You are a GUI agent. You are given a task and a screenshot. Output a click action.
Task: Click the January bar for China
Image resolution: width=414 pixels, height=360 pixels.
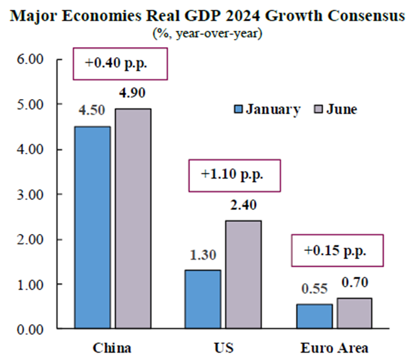(93, 227)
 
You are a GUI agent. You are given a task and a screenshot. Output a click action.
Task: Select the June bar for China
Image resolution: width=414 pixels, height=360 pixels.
(132, 218)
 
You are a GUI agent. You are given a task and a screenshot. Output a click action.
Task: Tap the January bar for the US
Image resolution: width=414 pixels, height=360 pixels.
(203, 299)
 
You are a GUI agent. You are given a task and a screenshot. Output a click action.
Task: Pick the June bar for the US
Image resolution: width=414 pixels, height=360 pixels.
(243, 274)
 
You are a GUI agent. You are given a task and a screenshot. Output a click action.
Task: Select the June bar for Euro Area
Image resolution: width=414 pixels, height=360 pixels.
(354, 313)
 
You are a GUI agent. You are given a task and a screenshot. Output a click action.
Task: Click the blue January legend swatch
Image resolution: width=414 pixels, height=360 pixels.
(237, 110)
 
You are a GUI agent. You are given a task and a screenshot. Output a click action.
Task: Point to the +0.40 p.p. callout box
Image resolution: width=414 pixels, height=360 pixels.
(121, 63)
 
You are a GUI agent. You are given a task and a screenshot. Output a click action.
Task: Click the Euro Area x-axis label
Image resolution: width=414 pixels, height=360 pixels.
(334, 347)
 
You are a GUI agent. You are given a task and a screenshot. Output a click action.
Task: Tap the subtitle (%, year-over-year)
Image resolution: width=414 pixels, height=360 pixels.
(207, 33)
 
